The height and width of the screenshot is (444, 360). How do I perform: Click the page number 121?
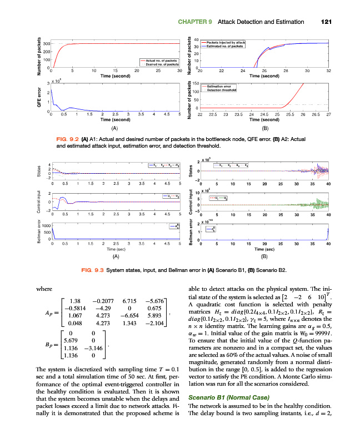coord(326,22)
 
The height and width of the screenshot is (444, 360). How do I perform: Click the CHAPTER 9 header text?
coord(196,22)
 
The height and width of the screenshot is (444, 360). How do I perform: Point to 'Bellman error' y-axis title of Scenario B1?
coord(39,231)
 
